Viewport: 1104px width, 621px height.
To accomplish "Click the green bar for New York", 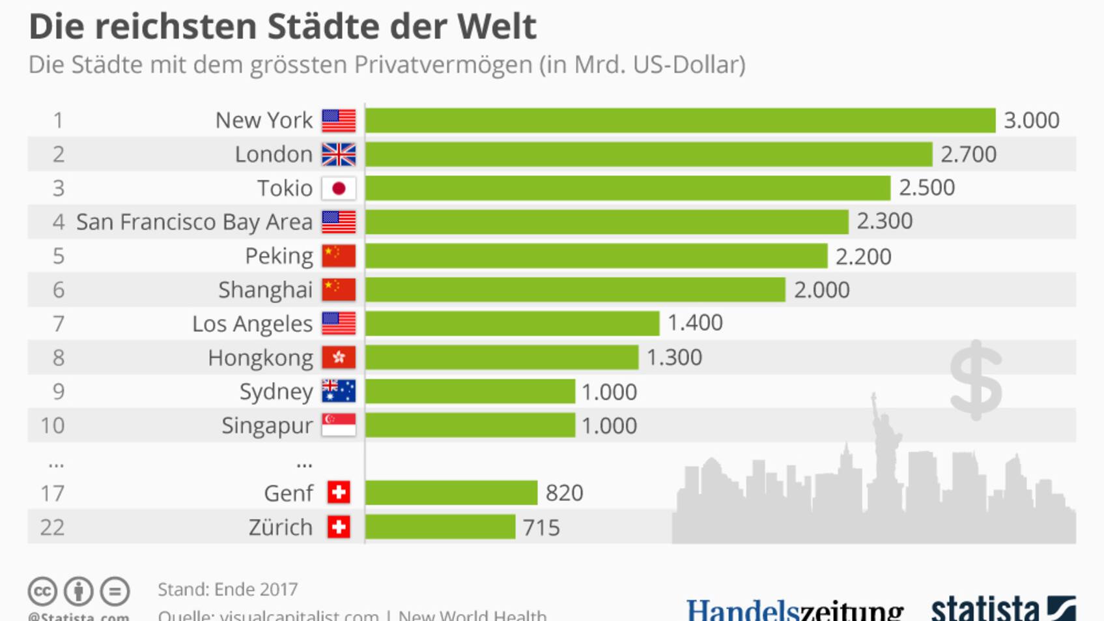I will coord(680,121).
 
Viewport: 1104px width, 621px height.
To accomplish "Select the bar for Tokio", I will coord(627,188).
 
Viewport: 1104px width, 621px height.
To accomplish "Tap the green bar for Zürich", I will coord(440,527).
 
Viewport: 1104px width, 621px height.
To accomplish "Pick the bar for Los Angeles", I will coord(512,323).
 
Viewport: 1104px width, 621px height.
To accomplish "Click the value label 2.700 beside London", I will coord(969,154).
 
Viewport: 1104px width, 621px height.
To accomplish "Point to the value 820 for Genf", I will coord(564,493).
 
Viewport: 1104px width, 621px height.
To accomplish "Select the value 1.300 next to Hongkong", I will coord(674,358).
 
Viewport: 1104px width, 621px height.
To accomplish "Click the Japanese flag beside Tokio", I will coord(339,188).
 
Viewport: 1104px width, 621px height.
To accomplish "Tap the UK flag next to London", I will coord(339,154).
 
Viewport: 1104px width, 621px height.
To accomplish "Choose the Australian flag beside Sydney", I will coord(339,391).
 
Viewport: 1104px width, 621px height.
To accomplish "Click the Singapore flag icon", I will coord(339,425).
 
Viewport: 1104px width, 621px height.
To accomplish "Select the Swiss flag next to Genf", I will coord(339,493).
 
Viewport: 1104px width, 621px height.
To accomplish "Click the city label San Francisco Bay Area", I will coord(194,222).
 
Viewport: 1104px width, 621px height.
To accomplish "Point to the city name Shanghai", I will coord(265,290).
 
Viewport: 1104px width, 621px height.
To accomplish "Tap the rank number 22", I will coord(52,527).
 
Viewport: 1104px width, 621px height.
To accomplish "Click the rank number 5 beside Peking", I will coord(59,256).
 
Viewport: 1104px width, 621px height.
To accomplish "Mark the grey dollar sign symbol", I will coord(976,380).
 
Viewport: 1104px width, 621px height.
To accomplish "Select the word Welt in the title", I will coord(497,27).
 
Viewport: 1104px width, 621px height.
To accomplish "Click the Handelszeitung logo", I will coord(795,610).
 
